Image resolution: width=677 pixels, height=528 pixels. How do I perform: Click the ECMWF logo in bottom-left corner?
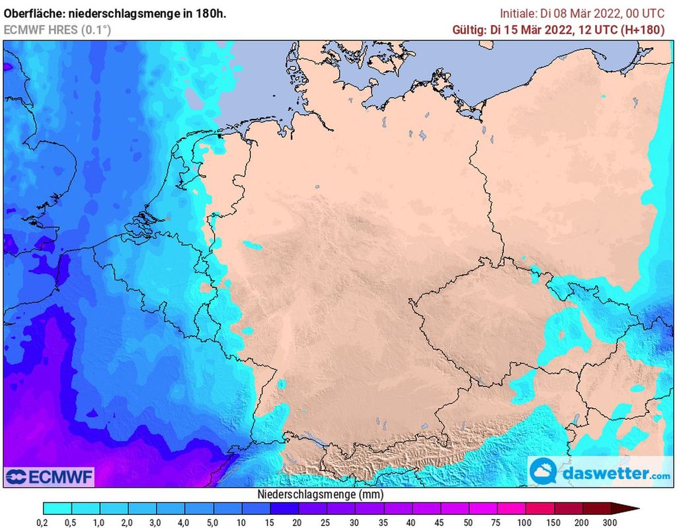(x=49, y=476)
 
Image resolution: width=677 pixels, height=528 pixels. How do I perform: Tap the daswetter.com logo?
(x=600, y=473)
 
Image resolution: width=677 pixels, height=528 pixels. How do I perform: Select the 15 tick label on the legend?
(x=270, y=522)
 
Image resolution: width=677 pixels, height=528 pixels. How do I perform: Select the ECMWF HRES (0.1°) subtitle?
(x=58, y=30)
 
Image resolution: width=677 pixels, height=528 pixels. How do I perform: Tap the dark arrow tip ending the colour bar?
(x=631, y=508)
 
